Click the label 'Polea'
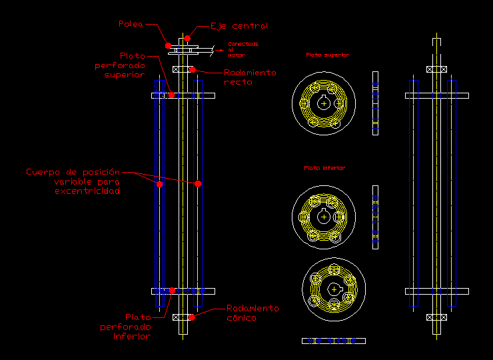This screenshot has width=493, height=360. pyautogui.click(x=131, y=24)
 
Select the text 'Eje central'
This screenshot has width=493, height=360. pyautogui.click(x=239, y=26)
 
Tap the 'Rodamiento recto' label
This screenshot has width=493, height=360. pyautogui.click(x=249, y=77)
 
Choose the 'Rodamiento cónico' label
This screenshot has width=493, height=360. pyautogui.click(x=252, y=313)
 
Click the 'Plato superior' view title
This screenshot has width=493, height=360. pyautogui.click(x=327, y=55)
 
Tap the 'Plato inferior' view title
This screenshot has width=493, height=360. pyautogui.click(x=324, y=168)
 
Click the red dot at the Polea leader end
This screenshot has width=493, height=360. pyautogui.click(x=168, y=46)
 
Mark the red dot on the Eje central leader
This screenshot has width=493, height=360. pyautogui.click(x=189, y=37)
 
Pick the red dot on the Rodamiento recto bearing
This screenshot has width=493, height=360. pyautogui.click(x=192, y=69)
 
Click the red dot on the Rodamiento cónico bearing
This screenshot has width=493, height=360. pyautogui.click(x=192, y=317)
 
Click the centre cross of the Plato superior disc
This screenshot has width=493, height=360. pyautogui.click(x=323, y=103)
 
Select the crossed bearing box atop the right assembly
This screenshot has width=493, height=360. pyautogui.click(x=436, y=69)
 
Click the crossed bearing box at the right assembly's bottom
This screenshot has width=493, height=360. pyautogui.click(x=436, y=317)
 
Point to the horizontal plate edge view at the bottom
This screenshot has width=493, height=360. pyautogui.click(x=333, y=341)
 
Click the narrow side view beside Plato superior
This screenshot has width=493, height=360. pyautogui.click(x=375, y=103)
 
